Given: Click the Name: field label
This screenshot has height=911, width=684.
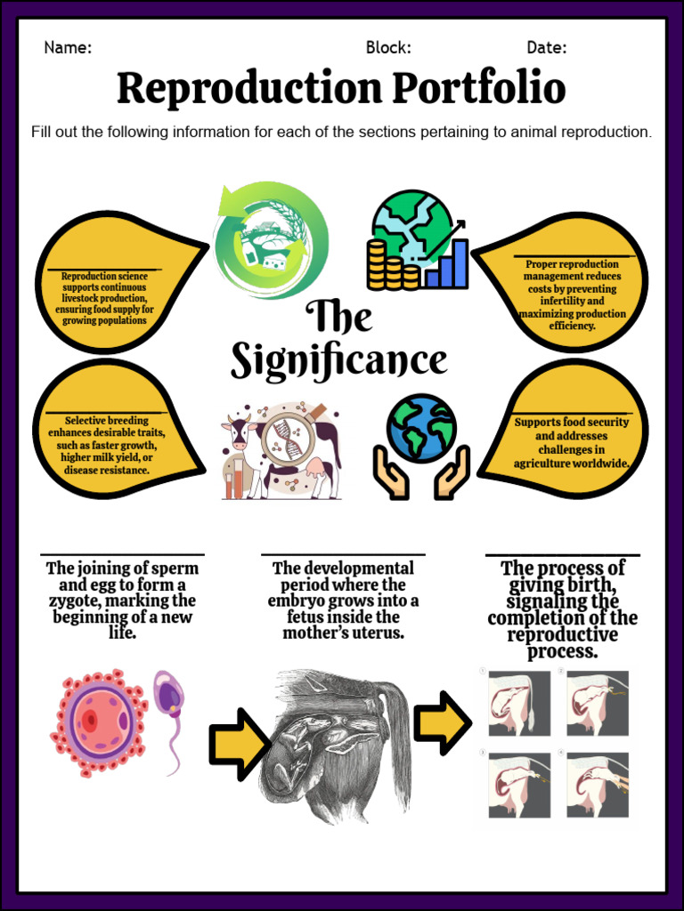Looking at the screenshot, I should coord(68,48).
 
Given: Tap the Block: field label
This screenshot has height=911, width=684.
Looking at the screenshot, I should coord(388,48).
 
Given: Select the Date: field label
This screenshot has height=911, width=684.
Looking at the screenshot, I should coord(547,48).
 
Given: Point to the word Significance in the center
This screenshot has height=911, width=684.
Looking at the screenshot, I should coord(339,361).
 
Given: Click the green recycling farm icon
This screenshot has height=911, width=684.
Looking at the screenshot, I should coord(270,240).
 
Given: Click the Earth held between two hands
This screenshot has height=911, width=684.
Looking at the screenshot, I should coord(421,429).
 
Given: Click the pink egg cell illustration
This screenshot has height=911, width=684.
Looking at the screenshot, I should coord(96,721).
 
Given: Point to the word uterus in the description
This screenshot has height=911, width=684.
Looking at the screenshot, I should coord(379,633).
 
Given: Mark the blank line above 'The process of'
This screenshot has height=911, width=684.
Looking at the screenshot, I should coord(562,555).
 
